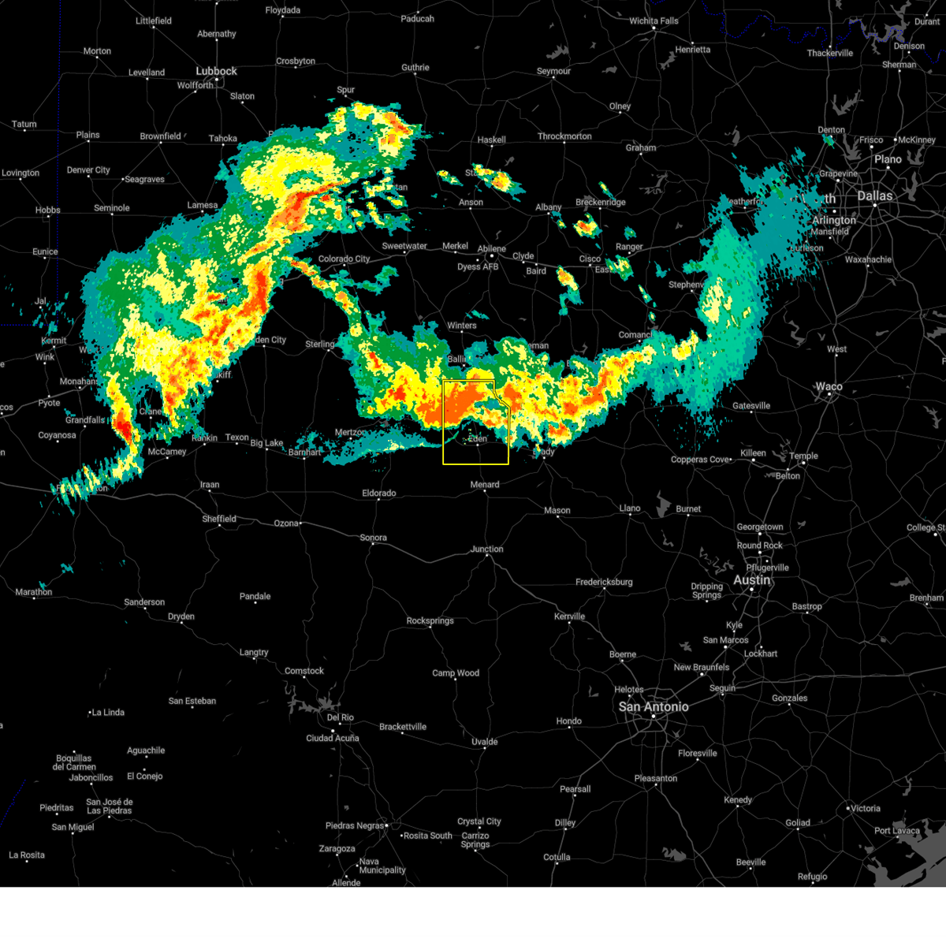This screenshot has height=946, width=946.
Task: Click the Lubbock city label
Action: pos(216,71)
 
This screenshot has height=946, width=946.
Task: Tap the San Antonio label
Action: pos(653,707)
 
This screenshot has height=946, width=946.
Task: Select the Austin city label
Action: pos(751,580)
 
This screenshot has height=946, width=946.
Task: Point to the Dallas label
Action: pos(875,196)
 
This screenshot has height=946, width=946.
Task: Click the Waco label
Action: pos(829,386)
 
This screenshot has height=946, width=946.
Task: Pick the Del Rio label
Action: pos(340,717)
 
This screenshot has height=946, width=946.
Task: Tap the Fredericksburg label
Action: pos(604,582)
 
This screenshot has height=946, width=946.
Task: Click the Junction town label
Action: pos(486,549)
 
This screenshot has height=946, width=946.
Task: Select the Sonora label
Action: pos(373,538)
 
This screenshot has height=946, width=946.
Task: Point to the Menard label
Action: pos(484,485)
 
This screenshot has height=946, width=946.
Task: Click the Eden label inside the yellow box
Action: pos(478,438)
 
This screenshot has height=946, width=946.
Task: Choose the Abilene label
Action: pos(491,249)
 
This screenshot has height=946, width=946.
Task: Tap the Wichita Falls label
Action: pos(654,20)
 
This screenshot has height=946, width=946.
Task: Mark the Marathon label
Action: pos(34,592)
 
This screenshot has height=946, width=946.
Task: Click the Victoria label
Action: pos(865,808)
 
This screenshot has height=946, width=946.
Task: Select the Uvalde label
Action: pos(484,742)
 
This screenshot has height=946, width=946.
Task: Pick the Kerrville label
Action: pos(569,616)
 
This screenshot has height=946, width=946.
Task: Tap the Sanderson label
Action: pos(144,602)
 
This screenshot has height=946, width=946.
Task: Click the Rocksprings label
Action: pos(430,620)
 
